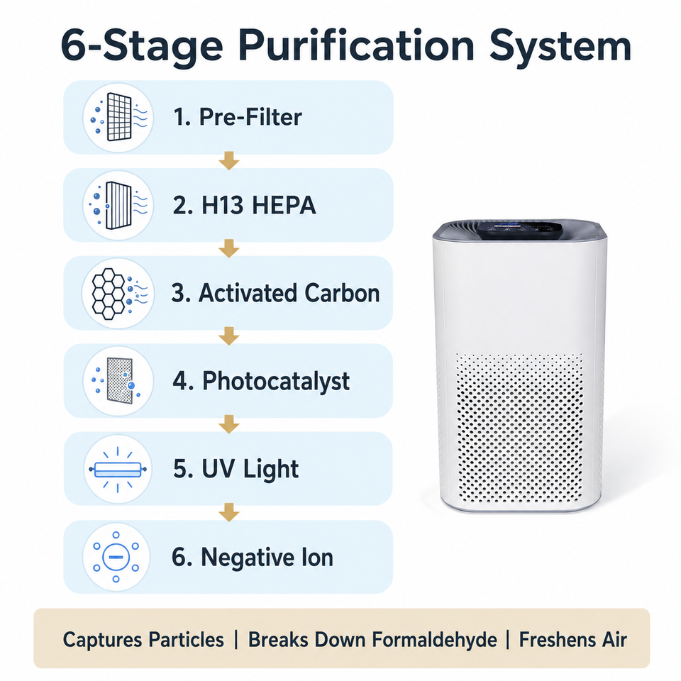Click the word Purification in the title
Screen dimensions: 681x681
pos(356,46)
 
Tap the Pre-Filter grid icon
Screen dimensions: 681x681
pos(118,118)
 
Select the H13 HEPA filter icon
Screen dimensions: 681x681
pos(118,206)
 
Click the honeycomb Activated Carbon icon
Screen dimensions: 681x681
pos(118,294)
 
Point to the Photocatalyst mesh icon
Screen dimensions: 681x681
pos(118,381)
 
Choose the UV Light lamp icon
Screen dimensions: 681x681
pos(118,469)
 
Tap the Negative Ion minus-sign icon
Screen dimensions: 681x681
pos(116,557)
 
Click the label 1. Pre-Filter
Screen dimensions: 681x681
pos(238,117)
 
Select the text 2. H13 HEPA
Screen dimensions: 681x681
pos(245,205)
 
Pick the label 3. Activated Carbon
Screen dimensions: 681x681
pos(276,293)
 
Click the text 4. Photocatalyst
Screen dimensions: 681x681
pos(261,382)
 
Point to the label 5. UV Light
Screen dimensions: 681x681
pos(236,469)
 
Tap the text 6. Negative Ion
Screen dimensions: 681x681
pos(253,558)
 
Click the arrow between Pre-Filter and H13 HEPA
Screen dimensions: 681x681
pos(229,161)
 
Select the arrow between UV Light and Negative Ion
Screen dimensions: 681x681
pos(229,512)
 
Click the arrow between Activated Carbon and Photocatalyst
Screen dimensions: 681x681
pos(229,336)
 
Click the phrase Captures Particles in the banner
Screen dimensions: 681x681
pos(143,640)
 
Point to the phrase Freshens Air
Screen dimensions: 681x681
pos(573,640)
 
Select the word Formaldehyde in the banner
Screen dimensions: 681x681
pos(434,640)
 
